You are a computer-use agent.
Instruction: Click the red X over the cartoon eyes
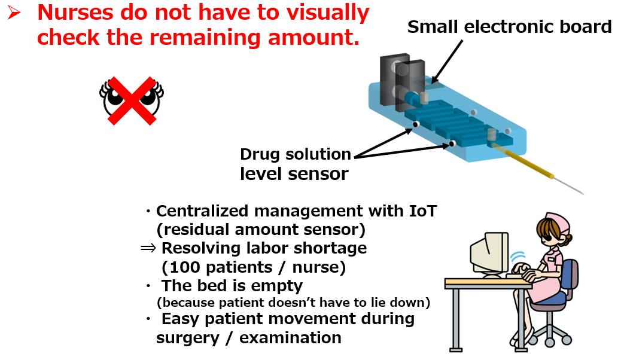click(x=132, y=100)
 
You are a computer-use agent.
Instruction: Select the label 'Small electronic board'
click(x=509, y=27)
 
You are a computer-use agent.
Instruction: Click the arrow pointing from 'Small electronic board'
click(x=447, y=61)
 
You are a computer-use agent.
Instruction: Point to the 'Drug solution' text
click(x=296, y=154)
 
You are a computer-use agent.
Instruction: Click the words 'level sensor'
click(x=294, y=174)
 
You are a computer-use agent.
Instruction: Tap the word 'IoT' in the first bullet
click(x=422, y=211)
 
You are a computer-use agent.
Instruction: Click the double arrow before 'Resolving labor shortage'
click(x=148, y=248)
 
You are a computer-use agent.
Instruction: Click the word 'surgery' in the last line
click(x=187, y=338)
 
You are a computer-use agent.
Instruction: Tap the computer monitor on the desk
click(x=489, y=254)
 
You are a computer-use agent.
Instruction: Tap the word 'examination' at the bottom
click(x=290, y=338)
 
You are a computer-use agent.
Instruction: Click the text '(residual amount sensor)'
click(x=261, y=230)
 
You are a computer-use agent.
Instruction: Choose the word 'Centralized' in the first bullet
click(x=202, y=211)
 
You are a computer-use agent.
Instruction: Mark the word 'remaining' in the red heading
click(x=205, y=38)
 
